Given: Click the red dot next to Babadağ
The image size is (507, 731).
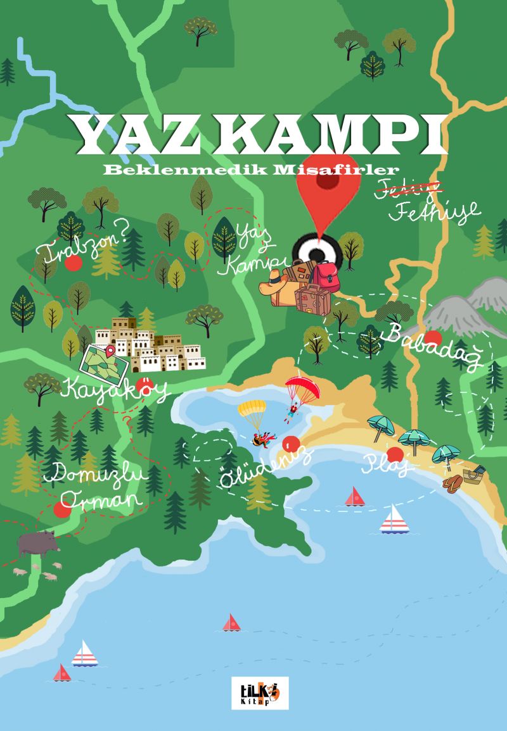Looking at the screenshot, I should tap(433, 338).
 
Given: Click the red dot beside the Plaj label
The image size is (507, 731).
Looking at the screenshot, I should tap(395, 454).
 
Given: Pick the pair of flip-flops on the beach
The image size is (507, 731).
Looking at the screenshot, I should tap(452, 484).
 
